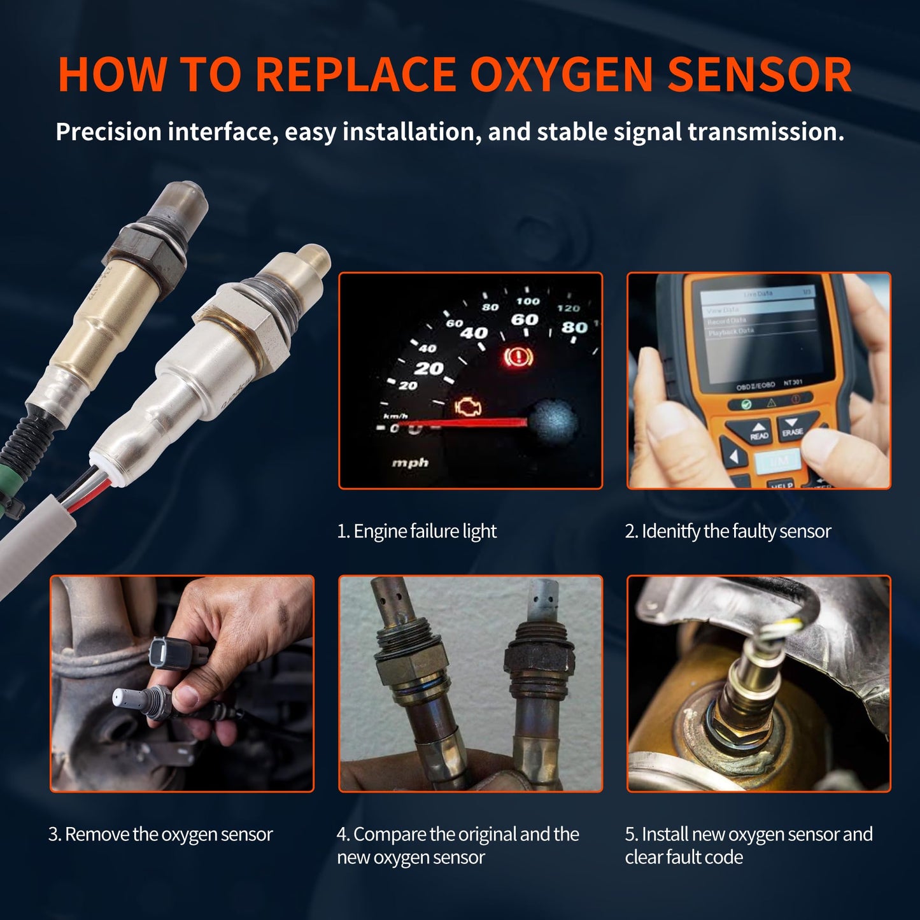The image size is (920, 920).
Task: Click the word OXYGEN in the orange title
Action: pyautogui.click(x=562, y=75)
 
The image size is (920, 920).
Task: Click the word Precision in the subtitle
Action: pyautogui.click(x=108, y=132)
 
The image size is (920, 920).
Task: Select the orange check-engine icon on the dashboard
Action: pyautogui.click(x=468, y=407)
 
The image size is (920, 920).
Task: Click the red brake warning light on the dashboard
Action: pyautogui.click(x=518, y=357)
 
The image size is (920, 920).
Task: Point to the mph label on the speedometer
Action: pyautogui.click(x=410, y=463)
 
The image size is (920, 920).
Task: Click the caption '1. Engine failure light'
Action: pyautogui.click(x=417, y=531)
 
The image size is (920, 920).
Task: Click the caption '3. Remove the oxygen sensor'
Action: pyautogui.click(x=160, y=834)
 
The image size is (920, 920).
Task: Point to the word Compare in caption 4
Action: pyautogui.click(x=390, y=834)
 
